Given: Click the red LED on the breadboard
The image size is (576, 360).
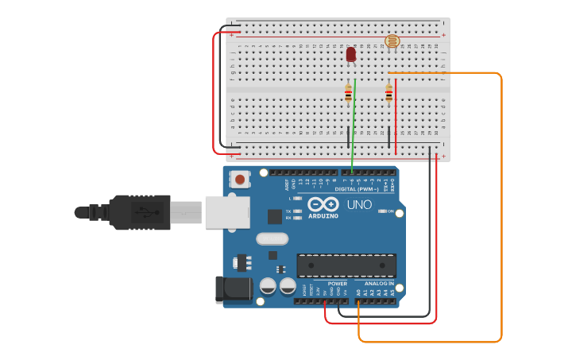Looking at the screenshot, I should click(x=351, y=54).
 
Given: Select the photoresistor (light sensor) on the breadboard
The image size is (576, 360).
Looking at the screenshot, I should click(x=392, y=41).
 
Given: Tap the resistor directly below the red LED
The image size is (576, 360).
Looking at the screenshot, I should click(x=348, y=94).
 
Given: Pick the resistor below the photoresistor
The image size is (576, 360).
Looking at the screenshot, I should click(x=389, y=94).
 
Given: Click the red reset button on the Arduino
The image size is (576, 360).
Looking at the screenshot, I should click(x=240, y=180).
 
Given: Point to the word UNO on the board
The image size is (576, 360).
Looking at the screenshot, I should click(x=358, y=205).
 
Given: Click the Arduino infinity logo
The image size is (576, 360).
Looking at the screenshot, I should click(x=323, y=204).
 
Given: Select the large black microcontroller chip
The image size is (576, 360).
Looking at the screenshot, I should click(x=346, y=265).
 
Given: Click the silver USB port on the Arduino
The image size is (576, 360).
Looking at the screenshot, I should click(x=227, y=212).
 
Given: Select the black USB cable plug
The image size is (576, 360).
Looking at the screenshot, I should click(x=140, y=212).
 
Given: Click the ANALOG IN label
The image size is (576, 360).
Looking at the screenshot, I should click(x=379, y=284).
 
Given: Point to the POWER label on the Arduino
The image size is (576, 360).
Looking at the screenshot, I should click(x=337, y=284).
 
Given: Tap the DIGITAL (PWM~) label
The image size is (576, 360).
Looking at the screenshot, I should click(x=356, y=189).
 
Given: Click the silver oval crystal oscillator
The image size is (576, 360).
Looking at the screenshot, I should click(x=272, y=238).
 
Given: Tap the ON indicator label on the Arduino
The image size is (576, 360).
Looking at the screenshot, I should click(x=390, y=211).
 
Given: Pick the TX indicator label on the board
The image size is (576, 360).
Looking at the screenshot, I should click(x=289, y=211).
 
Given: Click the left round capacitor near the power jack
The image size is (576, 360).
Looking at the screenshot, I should click(x=268, y=285).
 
